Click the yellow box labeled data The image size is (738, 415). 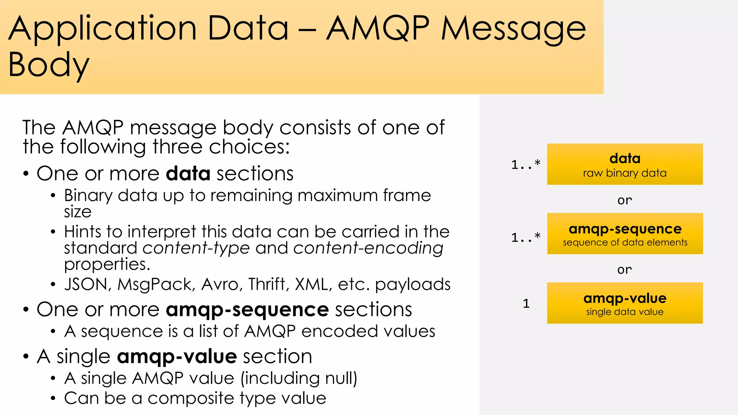[x=624, y=164]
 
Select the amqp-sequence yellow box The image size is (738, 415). [x=624, y=234]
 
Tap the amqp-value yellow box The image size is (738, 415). [x=624, y=303]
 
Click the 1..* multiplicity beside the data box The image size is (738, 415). [x=526, y=165]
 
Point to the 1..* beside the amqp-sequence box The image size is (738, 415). [x=526, y=237]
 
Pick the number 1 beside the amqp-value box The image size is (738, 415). [x=526, y=303]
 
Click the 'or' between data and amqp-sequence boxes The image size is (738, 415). [x=624, y=200]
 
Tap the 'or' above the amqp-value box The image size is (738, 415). [x=624, y=269]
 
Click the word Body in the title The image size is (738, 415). [x=49, y=65]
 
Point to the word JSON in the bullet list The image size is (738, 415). [x=86, y=284]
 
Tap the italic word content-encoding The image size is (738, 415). [x=368, y=248]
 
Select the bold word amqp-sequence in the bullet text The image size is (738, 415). [x=247, y=309]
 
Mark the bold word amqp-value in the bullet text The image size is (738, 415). [x=177, y=357]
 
